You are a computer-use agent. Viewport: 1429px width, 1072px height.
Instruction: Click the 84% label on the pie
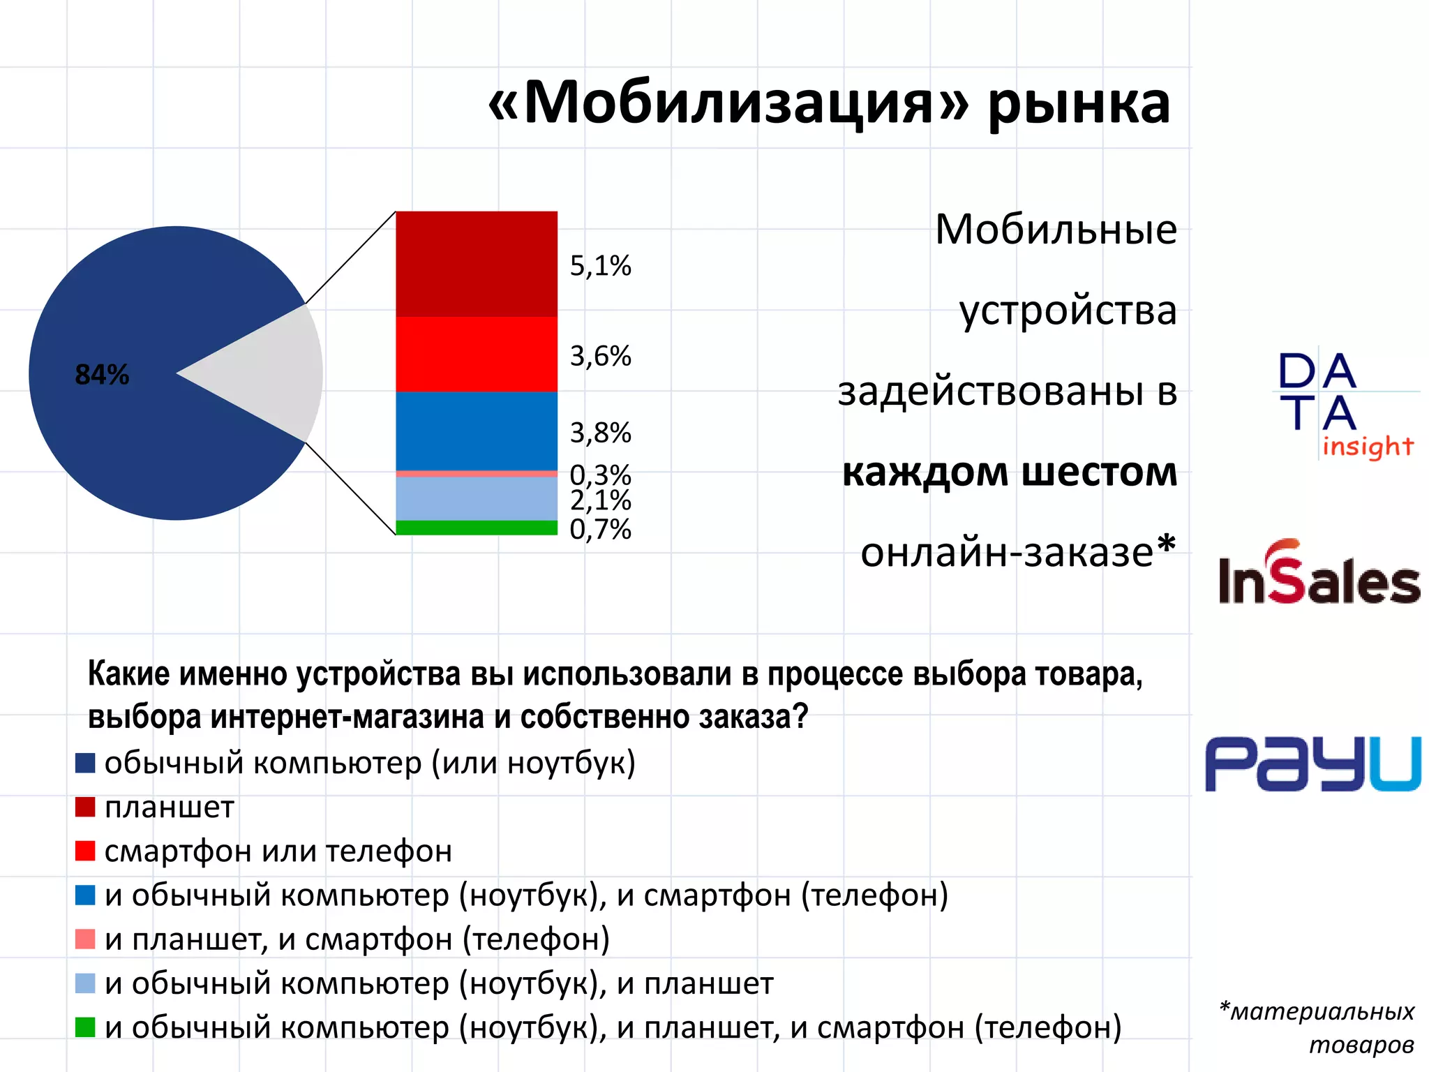pos(102,375)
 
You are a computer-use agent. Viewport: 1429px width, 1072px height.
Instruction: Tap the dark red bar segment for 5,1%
pos(477,264)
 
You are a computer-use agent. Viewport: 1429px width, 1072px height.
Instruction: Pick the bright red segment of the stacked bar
pos(477,354)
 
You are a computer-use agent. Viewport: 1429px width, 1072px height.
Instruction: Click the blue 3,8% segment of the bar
pos(477,431)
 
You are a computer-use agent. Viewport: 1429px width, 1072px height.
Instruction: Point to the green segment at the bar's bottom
pos(477,528)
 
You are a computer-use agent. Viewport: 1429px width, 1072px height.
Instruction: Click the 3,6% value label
pos(600,356)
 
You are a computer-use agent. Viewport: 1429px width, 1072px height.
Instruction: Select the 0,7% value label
pos(600,530)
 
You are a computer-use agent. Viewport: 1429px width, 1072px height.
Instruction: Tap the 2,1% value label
pos(600,500)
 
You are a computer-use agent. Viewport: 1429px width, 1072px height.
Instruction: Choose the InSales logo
pos(1319,574)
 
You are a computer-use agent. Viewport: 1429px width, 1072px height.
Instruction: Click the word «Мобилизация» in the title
pos(729,103)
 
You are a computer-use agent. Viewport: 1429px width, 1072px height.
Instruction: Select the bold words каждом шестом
pos(1010,472)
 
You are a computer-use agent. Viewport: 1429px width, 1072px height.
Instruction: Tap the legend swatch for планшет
pos(85,807)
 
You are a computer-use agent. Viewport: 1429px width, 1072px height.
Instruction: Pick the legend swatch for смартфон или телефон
pos(85,851)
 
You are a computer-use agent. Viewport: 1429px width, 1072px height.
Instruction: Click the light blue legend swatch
pos(85,983)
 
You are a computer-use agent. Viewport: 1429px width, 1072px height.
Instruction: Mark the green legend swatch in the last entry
pos(85,1027)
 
